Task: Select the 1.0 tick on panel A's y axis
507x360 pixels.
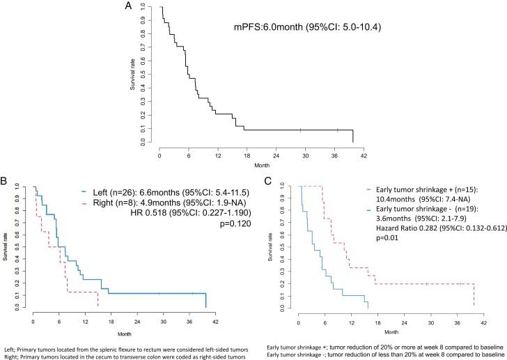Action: pyautogui.click(x=143, y=7)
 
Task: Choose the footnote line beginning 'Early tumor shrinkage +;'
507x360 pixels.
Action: pyautogui.click(x=384, y=346)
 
